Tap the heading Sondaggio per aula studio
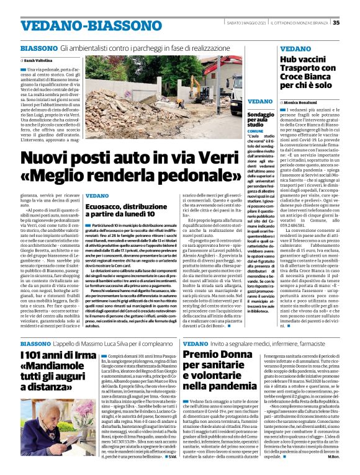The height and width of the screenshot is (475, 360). point(260,119)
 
